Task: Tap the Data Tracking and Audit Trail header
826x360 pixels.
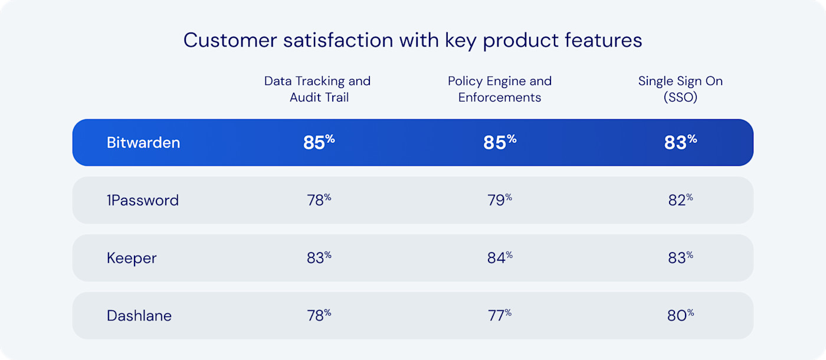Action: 317,89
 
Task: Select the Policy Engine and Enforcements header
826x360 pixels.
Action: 499,89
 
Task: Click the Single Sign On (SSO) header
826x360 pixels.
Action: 680,89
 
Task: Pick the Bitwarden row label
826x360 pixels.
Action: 143,143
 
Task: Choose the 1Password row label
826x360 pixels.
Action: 143,201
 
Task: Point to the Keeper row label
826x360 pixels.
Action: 132,258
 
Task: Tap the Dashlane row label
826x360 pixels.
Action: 139,316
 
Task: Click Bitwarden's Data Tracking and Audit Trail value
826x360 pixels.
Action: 319,142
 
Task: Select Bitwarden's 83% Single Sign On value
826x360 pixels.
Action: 680,142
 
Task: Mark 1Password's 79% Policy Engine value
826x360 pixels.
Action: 499,200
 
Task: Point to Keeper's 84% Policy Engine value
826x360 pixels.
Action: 499,258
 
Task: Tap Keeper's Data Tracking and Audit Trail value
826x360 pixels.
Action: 319,258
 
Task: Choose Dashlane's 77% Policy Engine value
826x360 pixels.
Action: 499,316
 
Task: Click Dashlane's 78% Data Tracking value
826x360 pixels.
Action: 319,316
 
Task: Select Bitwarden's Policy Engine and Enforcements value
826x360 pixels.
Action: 499,142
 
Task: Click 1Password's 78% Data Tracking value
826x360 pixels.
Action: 319,200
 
